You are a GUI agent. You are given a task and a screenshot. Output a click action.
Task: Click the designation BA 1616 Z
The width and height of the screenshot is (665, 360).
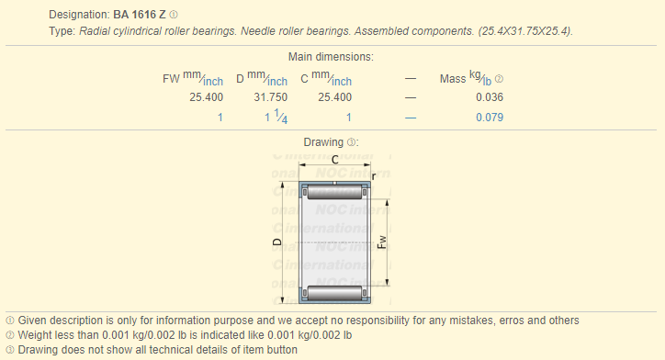(x=139, y=15)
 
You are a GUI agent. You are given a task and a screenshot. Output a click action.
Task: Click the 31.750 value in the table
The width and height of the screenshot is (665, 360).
(x=271, y=97)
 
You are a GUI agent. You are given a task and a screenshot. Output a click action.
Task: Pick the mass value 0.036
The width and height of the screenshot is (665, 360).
(x=490, y=97)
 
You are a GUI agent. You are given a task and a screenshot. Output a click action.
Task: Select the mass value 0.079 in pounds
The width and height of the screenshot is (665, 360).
(x=490, y=118)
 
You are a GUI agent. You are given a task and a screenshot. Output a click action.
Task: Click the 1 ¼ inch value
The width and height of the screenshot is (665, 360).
(x=276, y=117)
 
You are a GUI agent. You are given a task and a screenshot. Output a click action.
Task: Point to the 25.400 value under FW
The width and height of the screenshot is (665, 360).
(x=206, y=97)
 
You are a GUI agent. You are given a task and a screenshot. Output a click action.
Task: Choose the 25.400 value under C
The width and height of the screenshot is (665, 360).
(x=335, y=97)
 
